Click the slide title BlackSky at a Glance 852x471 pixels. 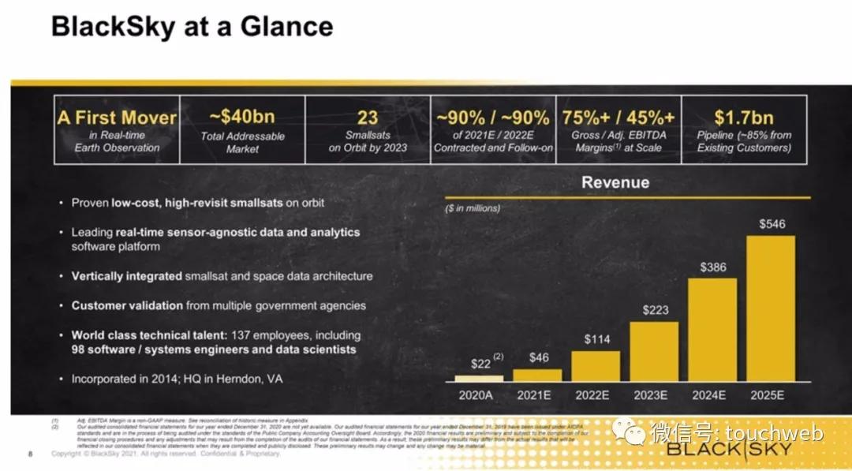coord(192,27)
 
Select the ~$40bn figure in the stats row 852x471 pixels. coord(242,117)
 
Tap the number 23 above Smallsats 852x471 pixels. coord(368,117)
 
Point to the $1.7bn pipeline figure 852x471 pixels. coord(744,117)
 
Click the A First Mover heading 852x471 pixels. coord(117,118)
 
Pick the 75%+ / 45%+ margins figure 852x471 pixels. coord(618,117)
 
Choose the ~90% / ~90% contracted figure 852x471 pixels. coord(493,117)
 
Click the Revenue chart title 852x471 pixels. coord(615,182)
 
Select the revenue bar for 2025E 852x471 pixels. coord(770,308)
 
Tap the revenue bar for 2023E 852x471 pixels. coord(654,351)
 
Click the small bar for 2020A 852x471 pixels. coord(478,378)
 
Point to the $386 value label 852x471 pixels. coord(712,267)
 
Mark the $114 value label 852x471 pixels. coord(596,340)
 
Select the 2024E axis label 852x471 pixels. coord(712,394)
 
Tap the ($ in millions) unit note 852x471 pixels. coord(472,208)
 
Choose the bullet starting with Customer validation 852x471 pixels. coord(219,305)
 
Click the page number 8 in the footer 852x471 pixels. coord(30,454)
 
